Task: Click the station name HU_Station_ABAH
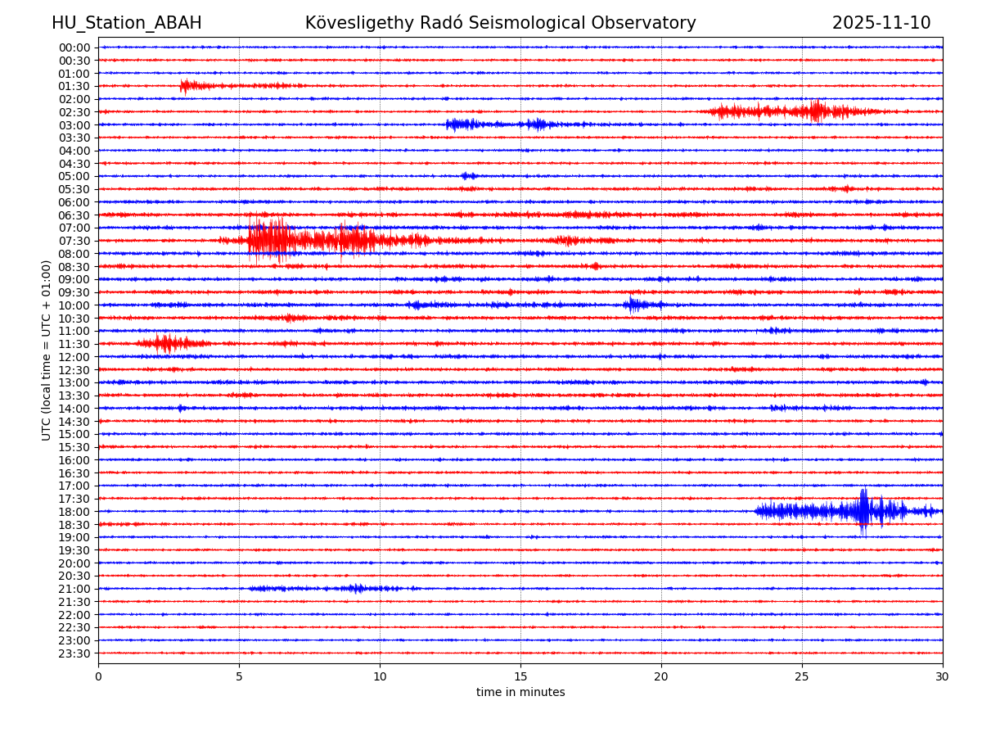(x=126, y=23)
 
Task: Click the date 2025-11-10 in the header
(x=881, y=23)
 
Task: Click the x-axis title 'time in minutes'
(x=520, y=693)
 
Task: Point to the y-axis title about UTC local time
(x=47, y=350)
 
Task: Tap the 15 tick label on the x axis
(x=520, y=676)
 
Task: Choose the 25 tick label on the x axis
(x=802, y=676)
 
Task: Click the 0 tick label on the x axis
(x=98, y=676)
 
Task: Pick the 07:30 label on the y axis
(x=74, y=241)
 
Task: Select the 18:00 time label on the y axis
(x=74, y=512)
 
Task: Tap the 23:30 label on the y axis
(x=74, y=653)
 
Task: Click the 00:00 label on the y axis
(x=74, y=47)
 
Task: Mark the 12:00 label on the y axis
(x=74, y=357)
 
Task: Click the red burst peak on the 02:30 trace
(x=815, y=111)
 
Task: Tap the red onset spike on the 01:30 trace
(x=185, y=85)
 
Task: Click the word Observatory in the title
(x=646, y=23)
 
